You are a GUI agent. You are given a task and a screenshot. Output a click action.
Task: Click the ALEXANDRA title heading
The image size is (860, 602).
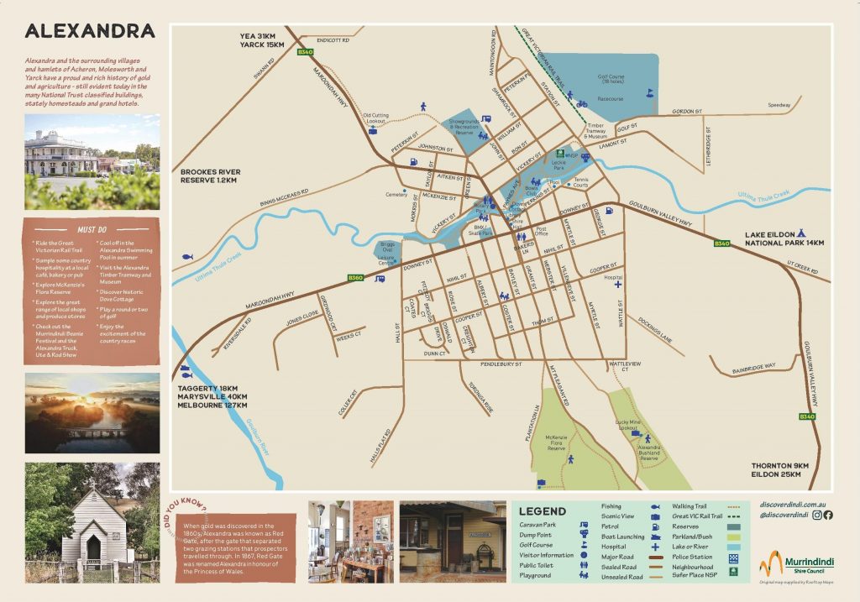89,32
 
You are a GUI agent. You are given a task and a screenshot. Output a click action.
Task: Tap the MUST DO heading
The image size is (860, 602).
91,228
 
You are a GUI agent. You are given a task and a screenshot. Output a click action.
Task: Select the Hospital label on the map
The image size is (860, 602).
613,276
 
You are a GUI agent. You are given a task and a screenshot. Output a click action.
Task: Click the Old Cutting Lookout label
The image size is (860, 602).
376,118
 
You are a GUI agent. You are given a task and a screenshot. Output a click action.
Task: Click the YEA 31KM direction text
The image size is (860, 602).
256,36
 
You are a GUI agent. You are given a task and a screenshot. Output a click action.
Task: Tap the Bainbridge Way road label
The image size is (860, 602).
753,365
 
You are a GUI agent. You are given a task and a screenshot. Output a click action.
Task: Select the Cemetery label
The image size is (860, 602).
396,194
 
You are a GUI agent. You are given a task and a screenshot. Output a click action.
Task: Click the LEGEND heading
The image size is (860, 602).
542,510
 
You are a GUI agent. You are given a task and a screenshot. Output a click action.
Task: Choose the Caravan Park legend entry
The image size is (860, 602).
538,525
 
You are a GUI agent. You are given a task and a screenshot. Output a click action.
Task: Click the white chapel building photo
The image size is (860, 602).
91,522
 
